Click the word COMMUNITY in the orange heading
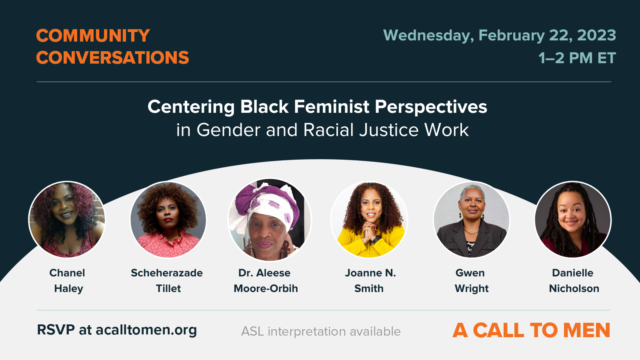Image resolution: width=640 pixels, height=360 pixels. point(93,36)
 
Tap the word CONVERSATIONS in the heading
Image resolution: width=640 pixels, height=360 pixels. point(112,58)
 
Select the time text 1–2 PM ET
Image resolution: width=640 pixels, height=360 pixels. point(577,58)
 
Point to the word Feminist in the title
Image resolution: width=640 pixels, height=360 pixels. point(332,107)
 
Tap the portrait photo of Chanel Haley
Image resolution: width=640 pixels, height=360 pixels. point(67,220)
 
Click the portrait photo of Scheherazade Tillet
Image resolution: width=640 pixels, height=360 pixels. point(168,220)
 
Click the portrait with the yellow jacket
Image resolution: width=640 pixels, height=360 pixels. point(370,220)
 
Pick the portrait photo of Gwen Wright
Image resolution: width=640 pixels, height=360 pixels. point(471,220)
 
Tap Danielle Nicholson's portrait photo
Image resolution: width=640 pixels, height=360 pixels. point(573,220)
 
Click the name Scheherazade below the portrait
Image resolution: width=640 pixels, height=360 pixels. point(167,273)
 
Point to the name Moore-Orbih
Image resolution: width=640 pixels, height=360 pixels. point(266,289)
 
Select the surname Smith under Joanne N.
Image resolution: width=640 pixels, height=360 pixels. point(369,289)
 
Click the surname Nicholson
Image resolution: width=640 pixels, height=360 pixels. point(574,289)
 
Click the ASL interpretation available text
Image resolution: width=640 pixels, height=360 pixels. point(321,332)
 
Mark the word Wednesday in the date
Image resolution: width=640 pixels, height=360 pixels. point(428,36)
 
